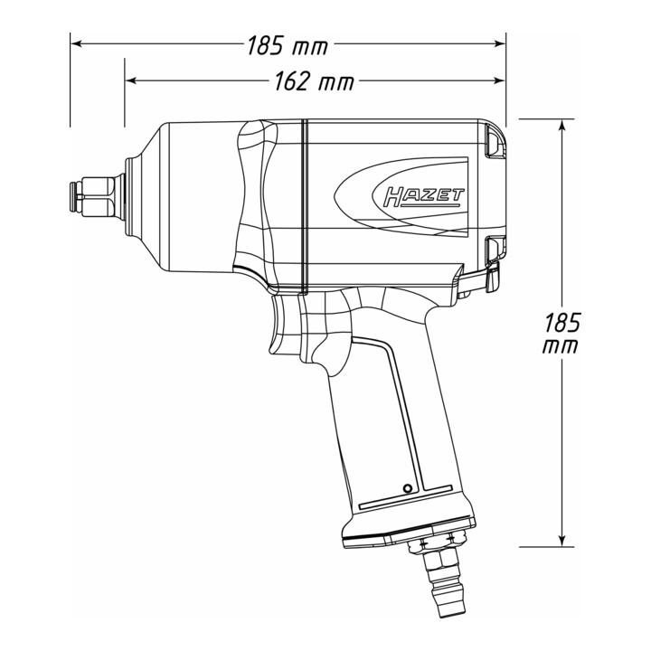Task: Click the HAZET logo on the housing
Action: coord(424,197)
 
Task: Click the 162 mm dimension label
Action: coord(315,81)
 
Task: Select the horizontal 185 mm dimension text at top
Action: coord(288,45)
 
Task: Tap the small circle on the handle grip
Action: coord(408,488)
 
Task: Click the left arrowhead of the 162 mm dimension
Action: coord(130,80)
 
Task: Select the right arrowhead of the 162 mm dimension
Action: coord(499,80)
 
